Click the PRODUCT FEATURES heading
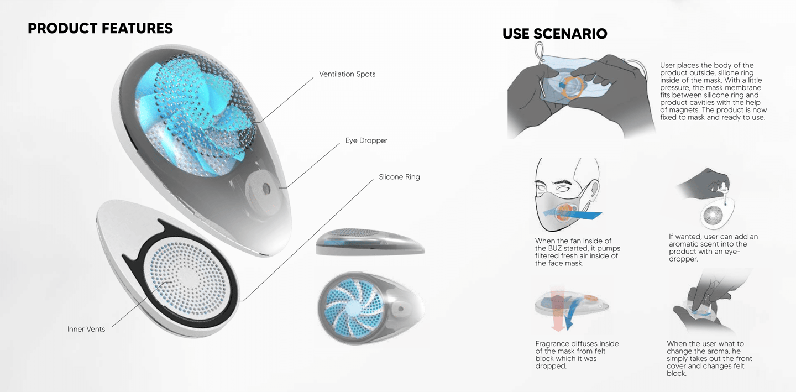tap(100, 28)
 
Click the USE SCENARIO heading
tap(554, 34)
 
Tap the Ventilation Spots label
tap(347, 74)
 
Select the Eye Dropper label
tap(366, 140)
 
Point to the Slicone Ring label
tap(399, 177)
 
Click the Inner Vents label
tap(86, 329)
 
